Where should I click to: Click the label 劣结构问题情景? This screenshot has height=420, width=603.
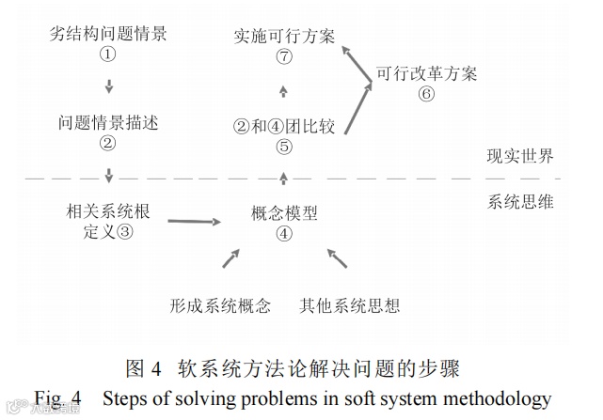click(108, 35)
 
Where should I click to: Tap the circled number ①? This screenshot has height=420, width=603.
click(108, 55)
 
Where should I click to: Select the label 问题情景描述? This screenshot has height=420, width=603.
click(108, 123)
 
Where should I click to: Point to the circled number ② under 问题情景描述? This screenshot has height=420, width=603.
click(108, 144)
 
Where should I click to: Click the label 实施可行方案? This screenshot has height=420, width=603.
click(284, 38)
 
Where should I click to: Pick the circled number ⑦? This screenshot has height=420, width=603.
click(284, 58)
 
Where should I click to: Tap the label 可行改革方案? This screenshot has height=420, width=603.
click(426, 73)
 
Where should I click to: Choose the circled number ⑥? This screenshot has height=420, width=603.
click(426, 94)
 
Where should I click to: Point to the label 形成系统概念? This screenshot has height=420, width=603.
click(221, 305)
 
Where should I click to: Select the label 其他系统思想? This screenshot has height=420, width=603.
click(349, 305)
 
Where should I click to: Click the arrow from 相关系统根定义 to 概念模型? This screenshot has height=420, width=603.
click(195, 221)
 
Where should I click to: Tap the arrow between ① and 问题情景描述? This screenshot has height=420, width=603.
click(109, 87)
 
